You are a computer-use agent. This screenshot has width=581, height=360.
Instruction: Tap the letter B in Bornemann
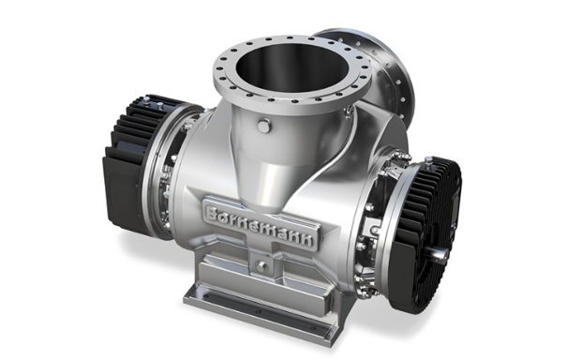click(213, 213)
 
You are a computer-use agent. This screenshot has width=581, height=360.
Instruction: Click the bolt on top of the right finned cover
click(428, 160)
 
